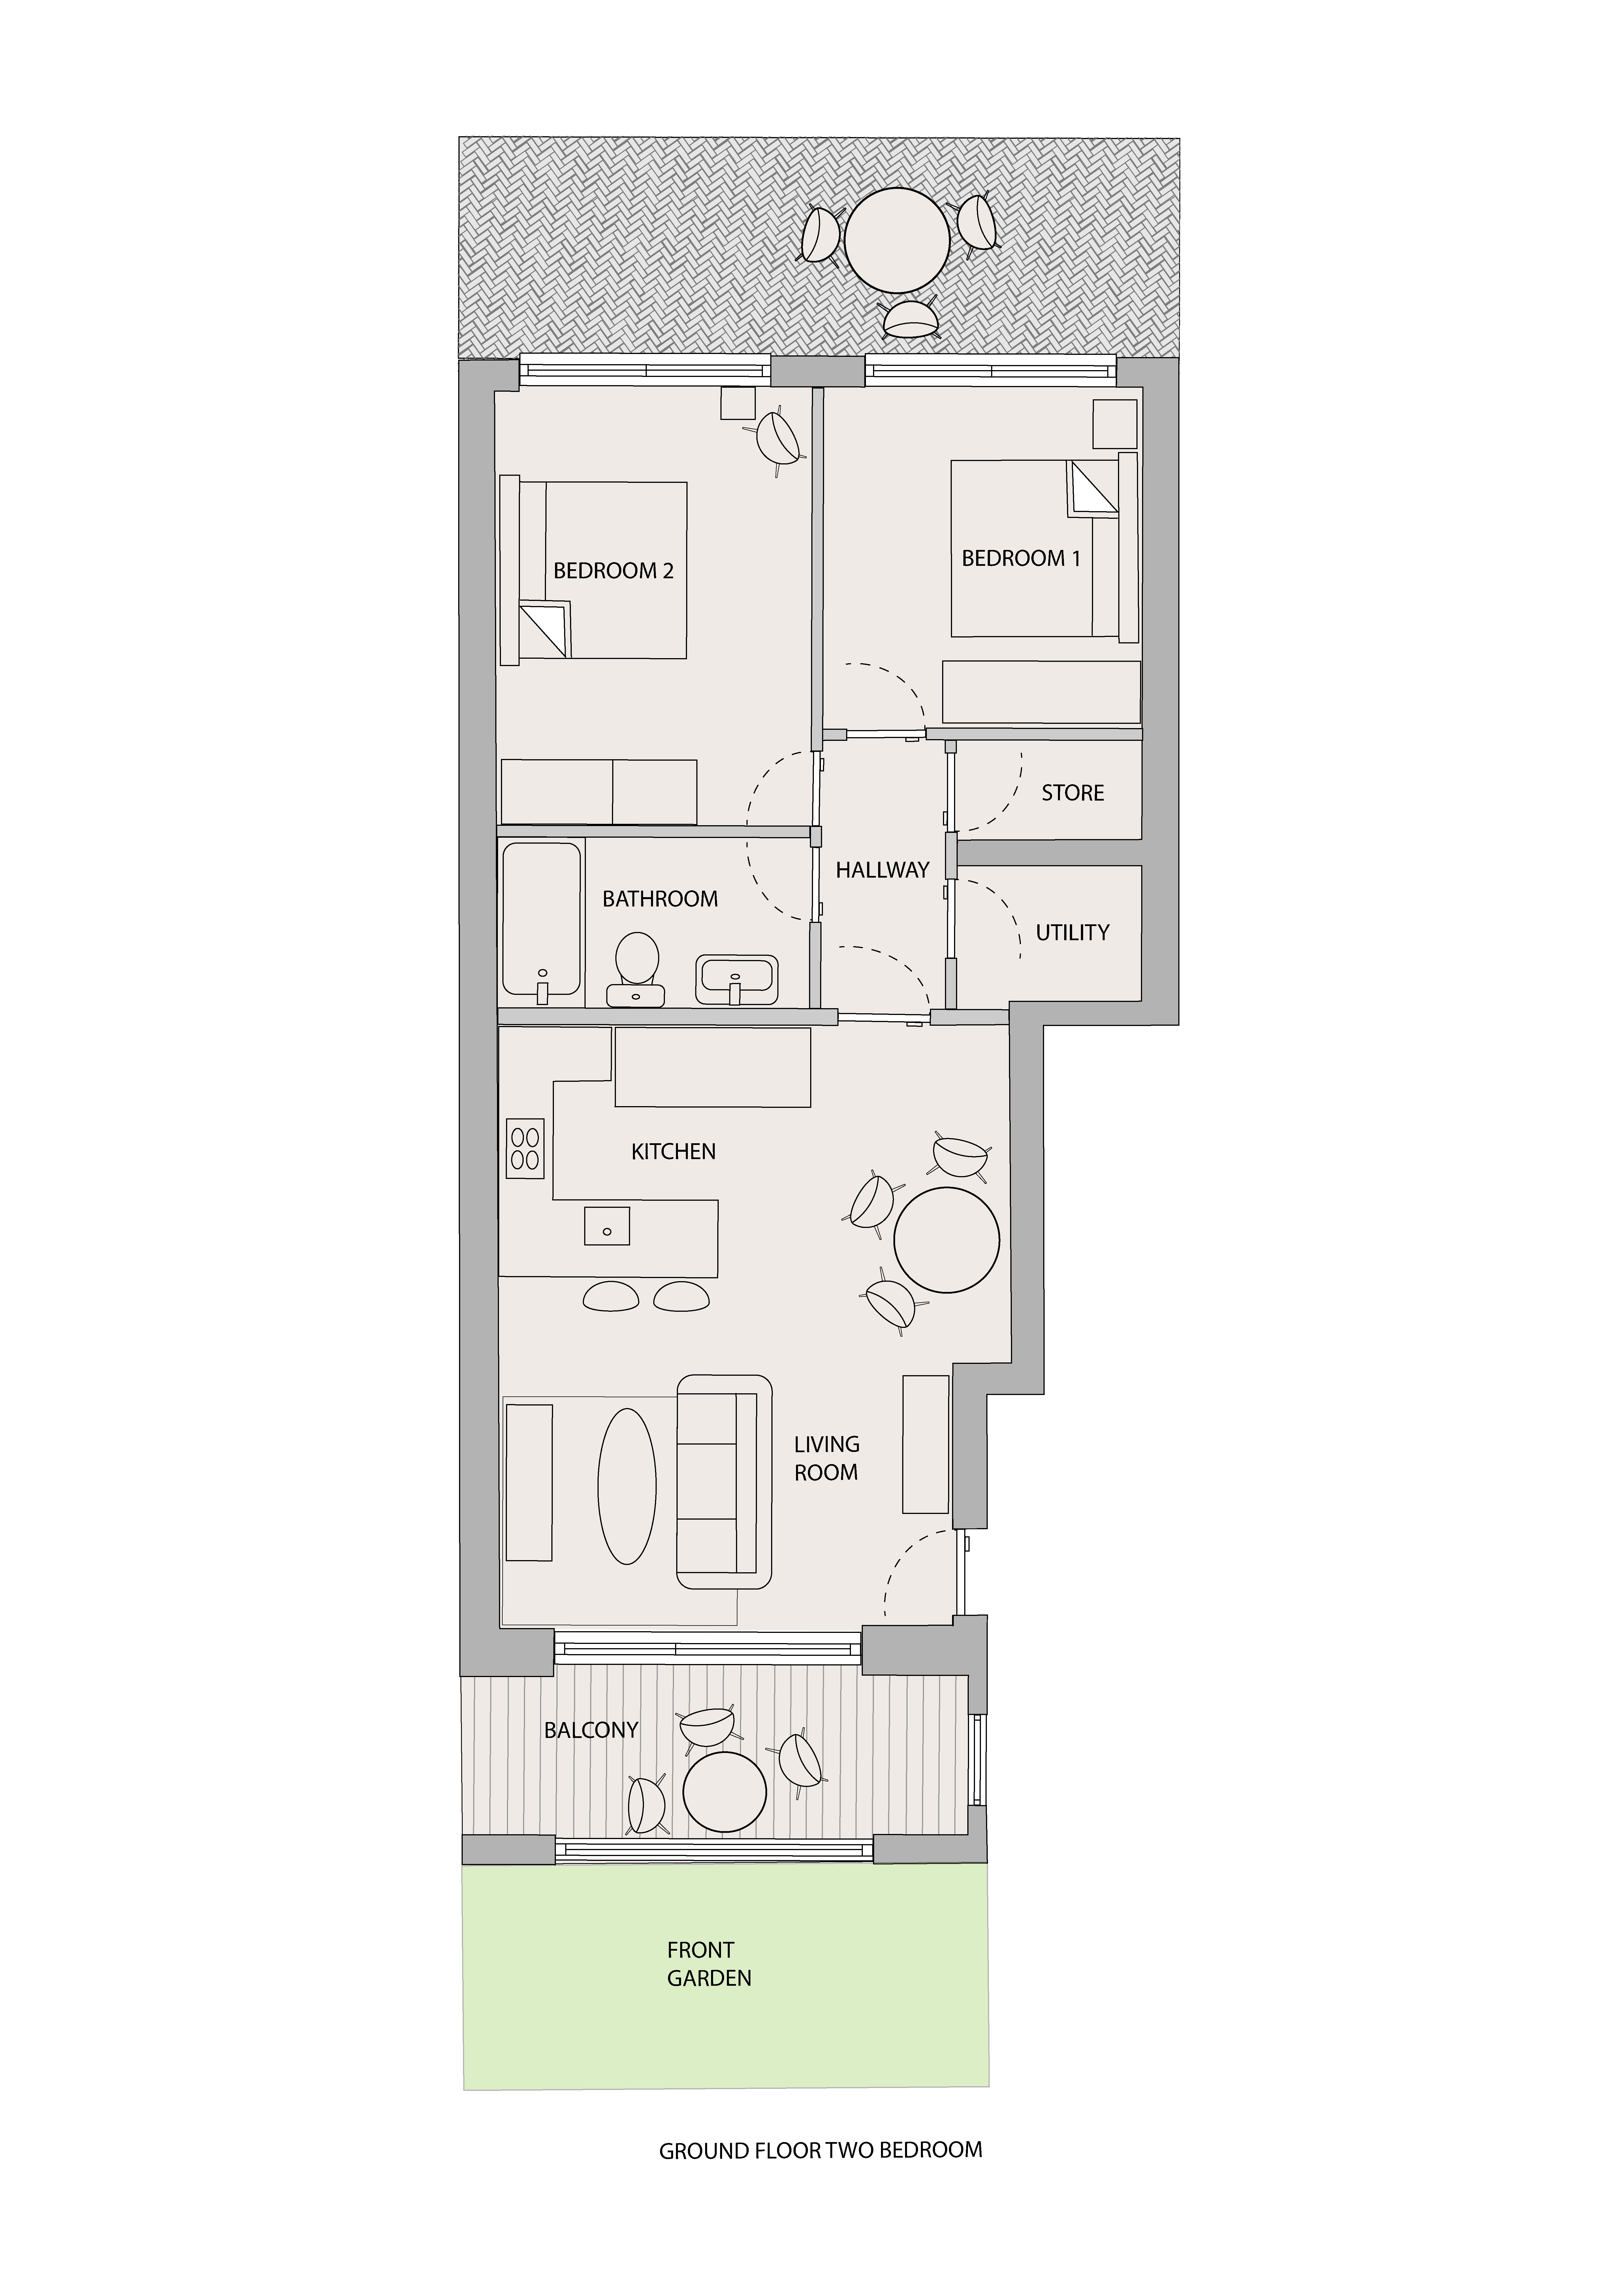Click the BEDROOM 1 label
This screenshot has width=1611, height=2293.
[1021, 558]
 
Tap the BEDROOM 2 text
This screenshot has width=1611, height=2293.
[613, 571]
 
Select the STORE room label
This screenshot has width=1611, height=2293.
[1073, 793]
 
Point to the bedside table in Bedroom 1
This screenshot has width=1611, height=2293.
[1115, 423]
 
